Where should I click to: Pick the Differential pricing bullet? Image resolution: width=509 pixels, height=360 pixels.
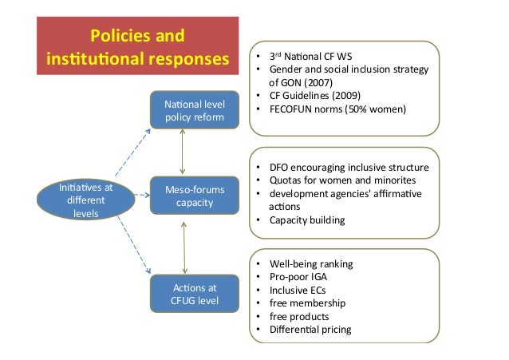310,329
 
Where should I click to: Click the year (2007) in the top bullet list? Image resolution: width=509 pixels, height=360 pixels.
323,82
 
